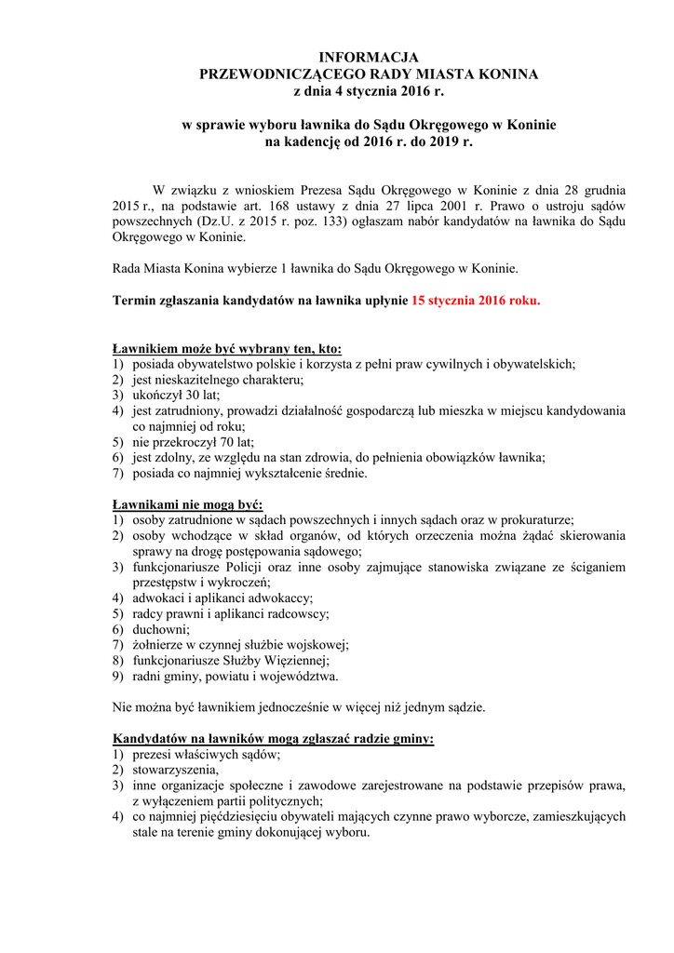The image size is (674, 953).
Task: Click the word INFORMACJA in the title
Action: pyautogui.click(x=369, y=58)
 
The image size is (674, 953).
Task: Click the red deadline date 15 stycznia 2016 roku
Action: pyautogui.click(x=475, y=302)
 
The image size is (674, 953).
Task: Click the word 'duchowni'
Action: pyautogui.click(x=159, y=629)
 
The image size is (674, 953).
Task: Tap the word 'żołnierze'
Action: pyautogui.click(x=159, y=645)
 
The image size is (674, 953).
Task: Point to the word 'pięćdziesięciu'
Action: pyautogui.click(x=232, y=816)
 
